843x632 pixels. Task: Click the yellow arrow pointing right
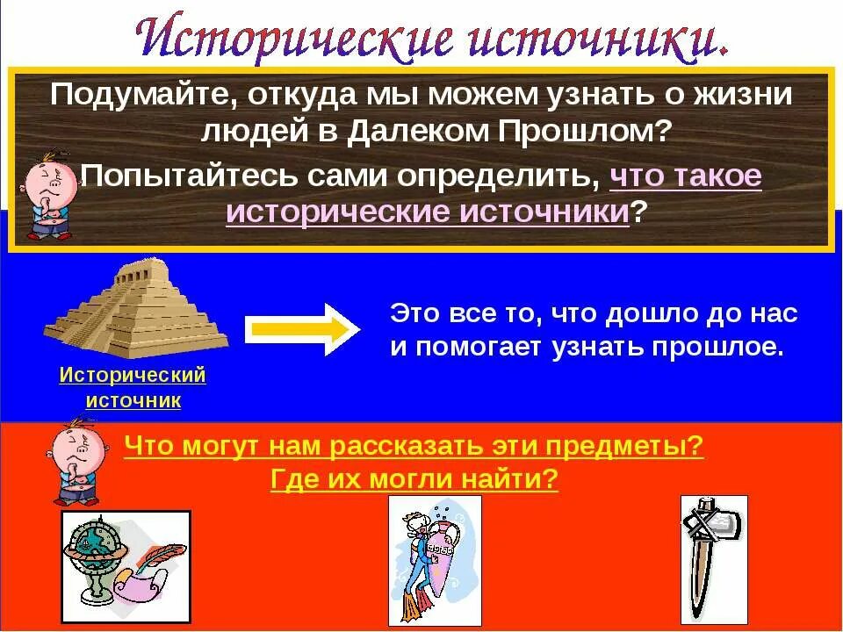click(301, 329)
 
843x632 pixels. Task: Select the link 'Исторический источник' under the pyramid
click(133, 388)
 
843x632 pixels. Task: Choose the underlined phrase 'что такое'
click(685, 176)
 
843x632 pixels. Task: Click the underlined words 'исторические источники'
click(428, 212)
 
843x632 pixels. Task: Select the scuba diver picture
click(435, 559)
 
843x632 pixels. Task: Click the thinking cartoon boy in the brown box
click(47, 196)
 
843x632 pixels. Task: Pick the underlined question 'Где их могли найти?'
click(414, 479)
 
